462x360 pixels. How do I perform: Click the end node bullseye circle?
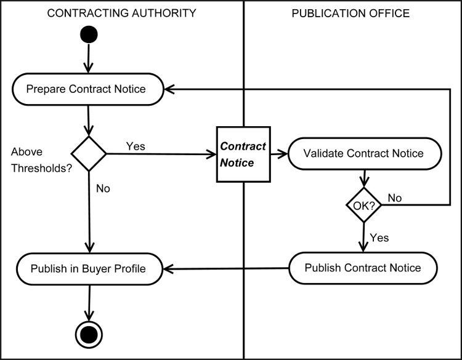click(90, 334)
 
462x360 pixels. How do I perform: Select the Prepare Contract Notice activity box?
click(87, 89)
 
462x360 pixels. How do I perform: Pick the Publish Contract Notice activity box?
click(363, 268)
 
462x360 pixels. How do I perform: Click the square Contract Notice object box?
click(243, 154)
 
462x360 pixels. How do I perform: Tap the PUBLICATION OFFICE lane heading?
click(351, 12)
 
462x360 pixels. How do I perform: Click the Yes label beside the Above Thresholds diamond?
click(136, 146)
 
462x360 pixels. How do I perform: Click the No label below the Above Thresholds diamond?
click(103, 188)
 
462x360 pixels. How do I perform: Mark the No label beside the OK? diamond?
click(395, 198)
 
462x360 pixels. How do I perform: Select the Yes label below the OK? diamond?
click(379, 237)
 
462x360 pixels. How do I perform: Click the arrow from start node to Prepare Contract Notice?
click(89, 59)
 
